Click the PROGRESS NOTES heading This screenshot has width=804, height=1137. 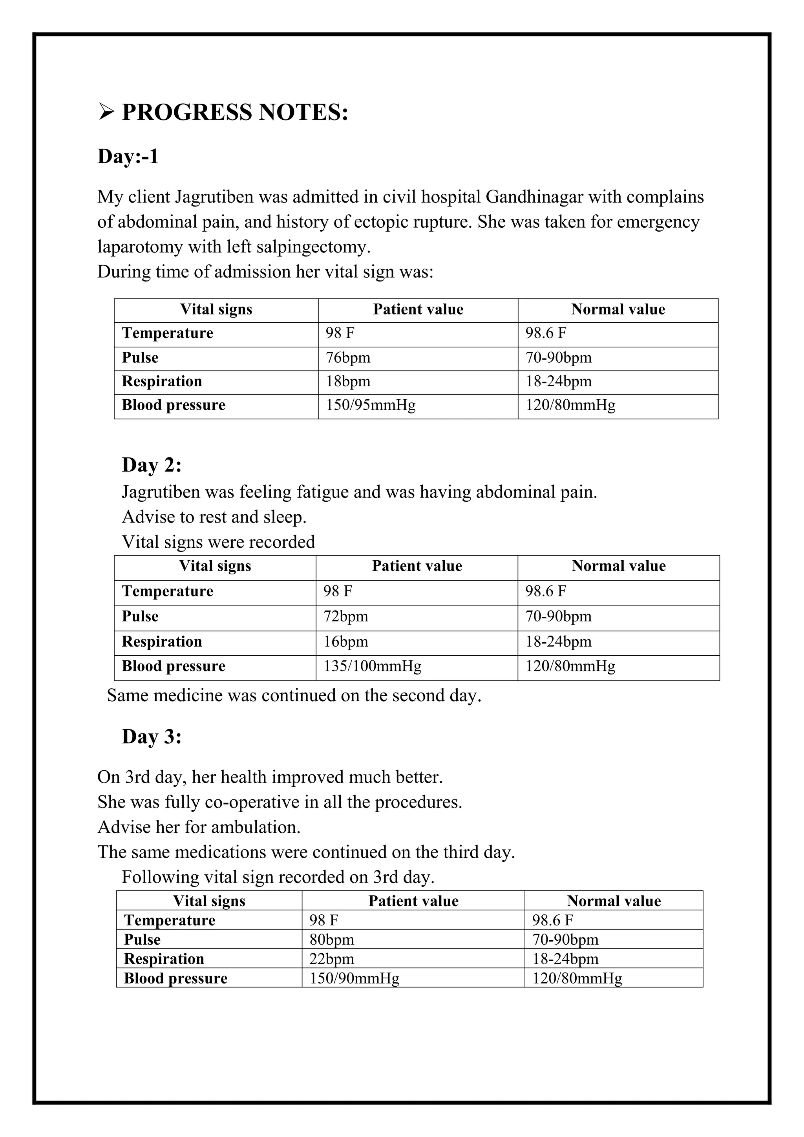235,112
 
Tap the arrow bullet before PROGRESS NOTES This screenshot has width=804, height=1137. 106,112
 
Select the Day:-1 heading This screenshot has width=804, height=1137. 128,157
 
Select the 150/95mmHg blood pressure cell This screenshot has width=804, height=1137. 370,406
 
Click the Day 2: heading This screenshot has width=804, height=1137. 152,465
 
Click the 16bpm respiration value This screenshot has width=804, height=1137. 345,642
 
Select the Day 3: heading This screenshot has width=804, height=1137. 152,737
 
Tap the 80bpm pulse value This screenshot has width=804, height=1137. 332,940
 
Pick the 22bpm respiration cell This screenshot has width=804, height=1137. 332,959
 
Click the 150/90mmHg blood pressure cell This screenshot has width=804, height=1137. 354,978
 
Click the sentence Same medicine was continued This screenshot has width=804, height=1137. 294,696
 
